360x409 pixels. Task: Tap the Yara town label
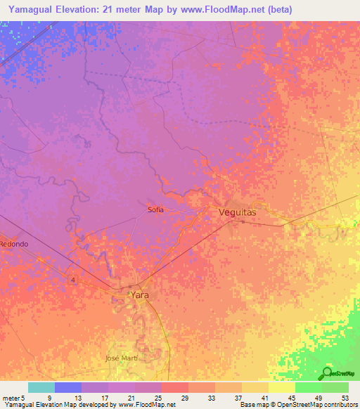coord(140,296)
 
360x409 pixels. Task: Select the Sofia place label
coord(156,209)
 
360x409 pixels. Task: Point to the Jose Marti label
coord(120,358)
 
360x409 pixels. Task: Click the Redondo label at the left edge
coord(14,244)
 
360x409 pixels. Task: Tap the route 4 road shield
coord(72,279)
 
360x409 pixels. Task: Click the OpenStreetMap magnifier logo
coord(326,374)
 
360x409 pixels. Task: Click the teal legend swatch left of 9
coord(41,387)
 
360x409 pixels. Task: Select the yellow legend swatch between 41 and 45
coord(281,387)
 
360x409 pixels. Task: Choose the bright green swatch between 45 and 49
coord(308,387)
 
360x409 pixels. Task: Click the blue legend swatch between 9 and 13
coord(67,387)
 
